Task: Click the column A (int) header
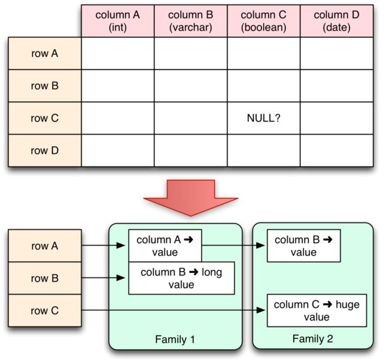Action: [117, 21]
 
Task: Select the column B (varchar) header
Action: [190, 21]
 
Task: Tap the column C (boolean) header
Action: [263, 21]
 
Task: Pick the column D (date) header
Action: [337, 21]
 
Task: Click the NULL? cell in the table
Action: [263, 118]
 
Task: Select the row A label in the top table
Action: [45, 53]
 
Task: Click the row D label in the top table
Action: [45, 150]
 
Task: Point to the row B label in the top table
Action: [45, 86]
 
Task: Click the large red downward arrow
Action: [190, 198]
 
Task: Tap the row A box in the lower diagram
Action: [45, 246]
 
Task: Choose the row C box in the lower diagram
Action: [45, 311]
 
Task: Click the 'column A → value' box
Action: [165, 246]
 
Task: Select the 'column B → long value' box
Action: [181, 279]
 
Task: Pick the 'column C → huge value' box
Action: [317, 311]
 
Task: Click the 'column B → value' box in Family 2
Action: [303, 246]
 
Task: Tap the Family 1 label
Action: [175, 340]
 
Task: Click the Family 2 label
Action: [312, 339]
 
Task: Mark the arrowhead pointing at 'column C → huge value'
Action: [260, 310]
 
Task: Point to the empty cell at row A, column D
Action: [337, 53]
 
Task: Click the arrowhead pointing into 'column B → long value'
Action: [120, 278]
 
